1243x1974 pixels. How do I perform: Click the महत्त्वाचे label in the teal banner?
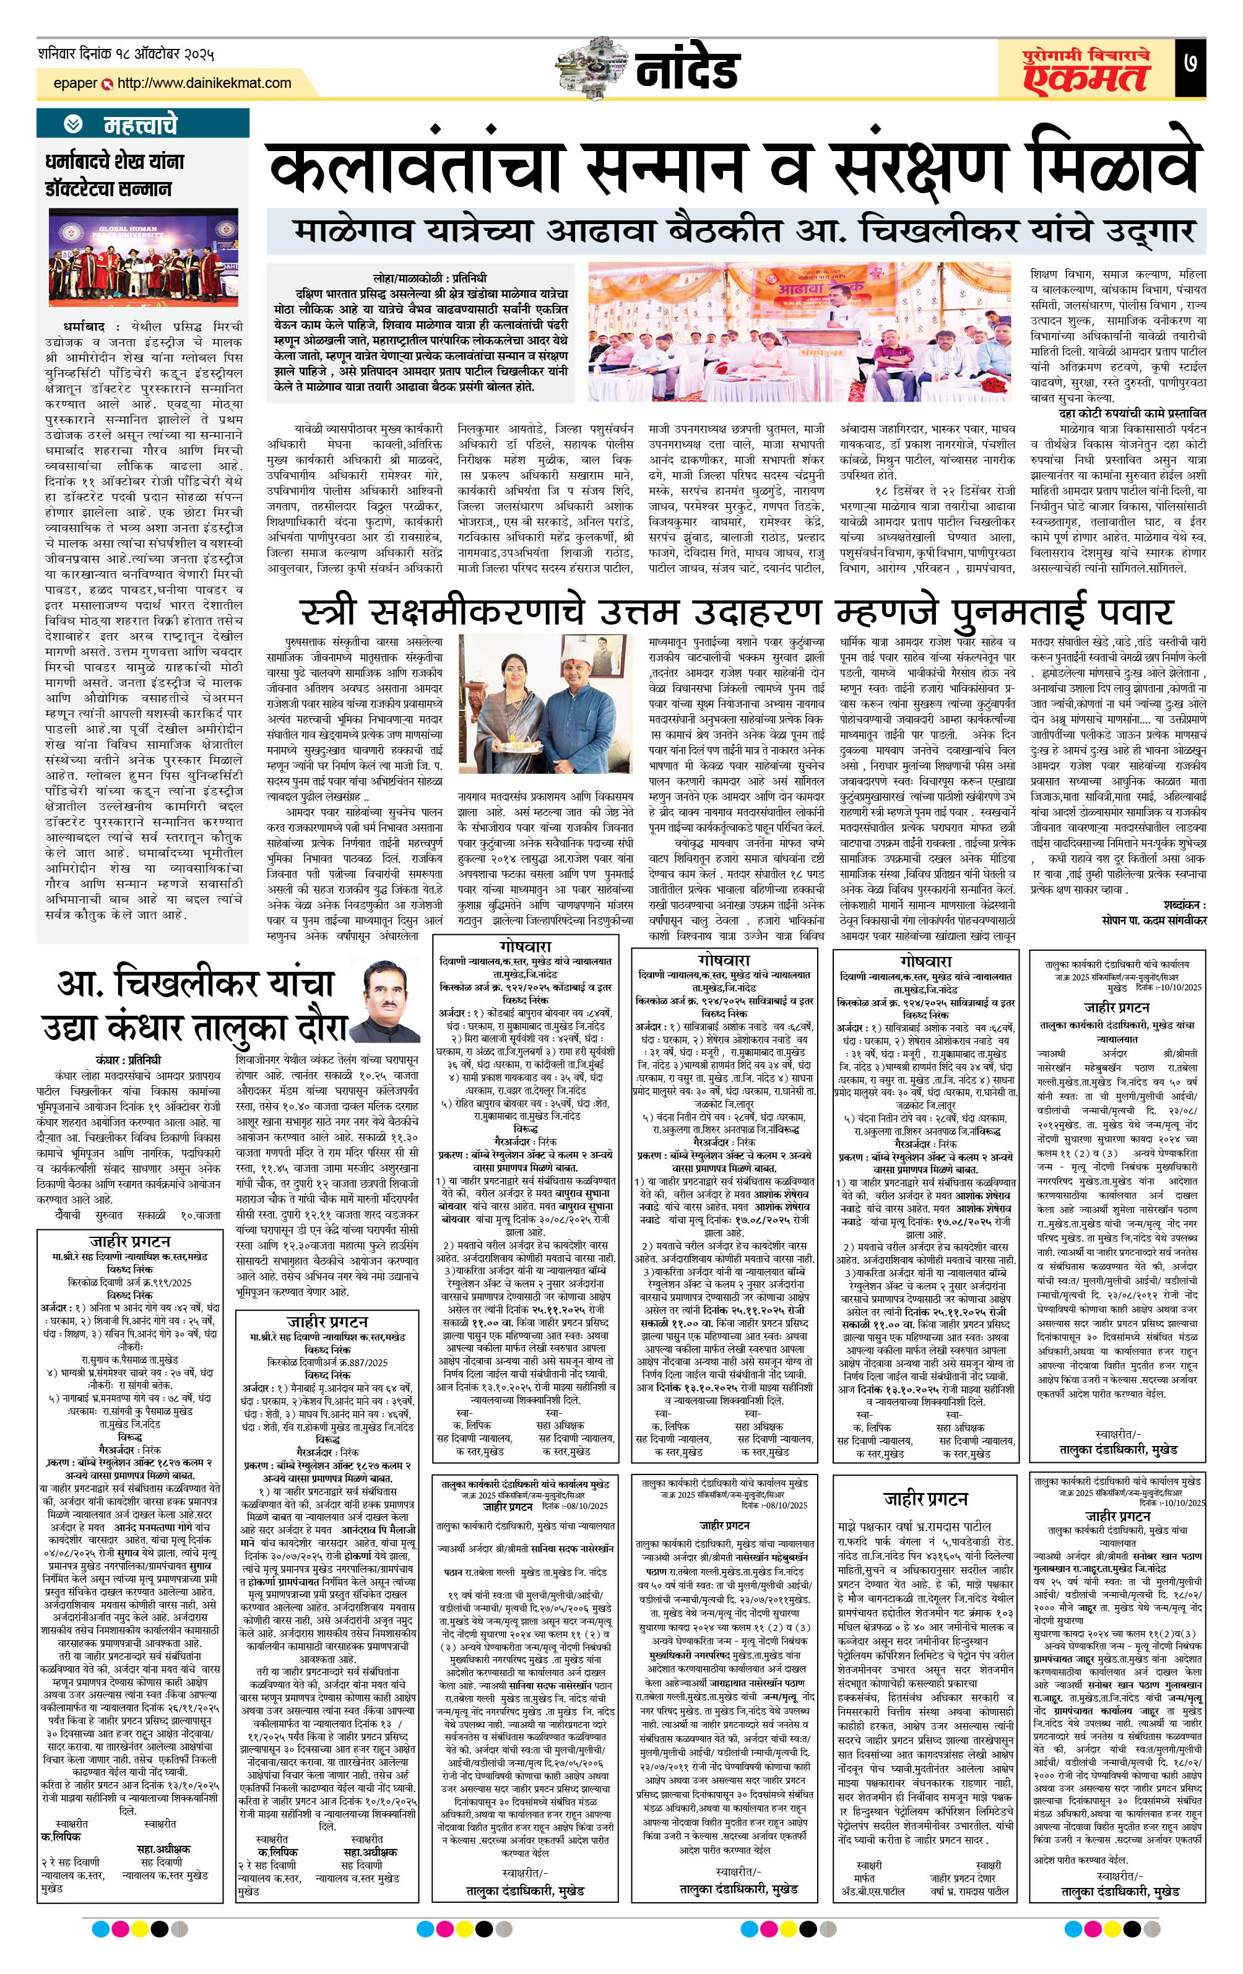[140, 124]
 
